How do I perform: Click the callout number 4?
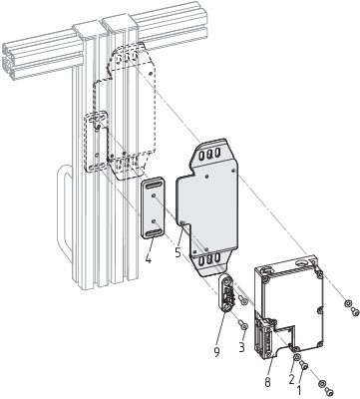click(148, 258)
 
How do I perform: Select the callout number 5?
click(179, 252)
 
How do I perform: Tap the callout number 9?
click(216, 352)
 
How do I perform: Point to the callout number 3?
click(241, 347)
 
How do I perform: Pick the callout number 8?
click(267, 382)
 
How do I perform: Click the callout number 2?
click(291, 378)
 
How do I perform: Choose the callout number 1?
click(298, 390)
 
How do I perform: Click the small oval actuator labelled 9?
click(227, 293)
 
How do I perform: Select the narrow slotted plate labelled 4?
click(153, 207)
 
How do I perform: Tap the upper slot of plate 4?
click(153, 185)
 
